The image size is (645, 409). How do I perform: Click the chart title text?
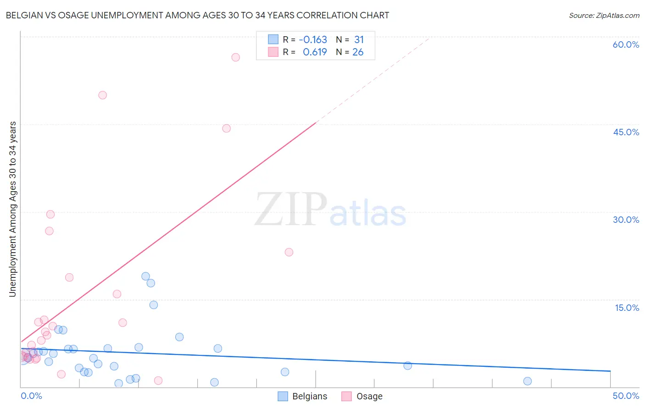click(197, 15)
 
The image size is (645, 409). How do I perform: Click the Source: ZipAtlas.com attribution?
click(604, 15)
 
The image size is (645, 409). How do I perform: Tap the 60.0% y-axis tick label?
click(626, 44)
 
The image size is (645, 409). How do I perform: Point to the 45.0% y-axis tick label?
click(626, 132)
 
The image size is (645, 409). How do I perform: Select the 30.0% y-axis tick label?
click(626, 220)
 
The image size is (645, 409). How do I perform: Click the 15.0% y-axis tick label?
click(627, 308)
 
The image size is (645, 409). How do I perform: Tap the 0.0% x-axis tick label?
click(31, 396)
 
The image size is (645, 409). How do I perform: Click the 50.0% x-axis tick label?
click(626, 396)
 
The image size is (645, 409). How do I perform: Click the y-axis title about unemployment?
click(12, 209)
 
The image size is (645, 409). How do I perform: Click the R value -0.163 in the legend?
click(313, 39)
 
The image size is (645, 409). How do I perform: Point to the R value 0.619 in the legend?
click(315, 52)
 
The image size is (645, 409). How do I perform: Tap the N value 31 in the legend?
click(359, 39)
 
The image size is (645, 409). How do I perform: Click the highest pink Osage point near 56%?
click(236, 57)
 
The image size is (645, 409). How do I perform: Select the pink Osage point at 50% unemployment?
click(103, 95)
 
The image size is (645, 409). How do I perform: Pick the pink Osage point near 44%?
click(227, 128)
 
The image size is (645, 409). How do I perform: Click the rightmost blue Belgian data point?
click(528, 381)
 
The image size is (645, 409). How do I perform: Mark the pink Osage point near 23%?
click(289, 252)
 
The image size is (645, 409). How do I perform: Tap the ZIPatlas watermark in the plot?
click(330, 210)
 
